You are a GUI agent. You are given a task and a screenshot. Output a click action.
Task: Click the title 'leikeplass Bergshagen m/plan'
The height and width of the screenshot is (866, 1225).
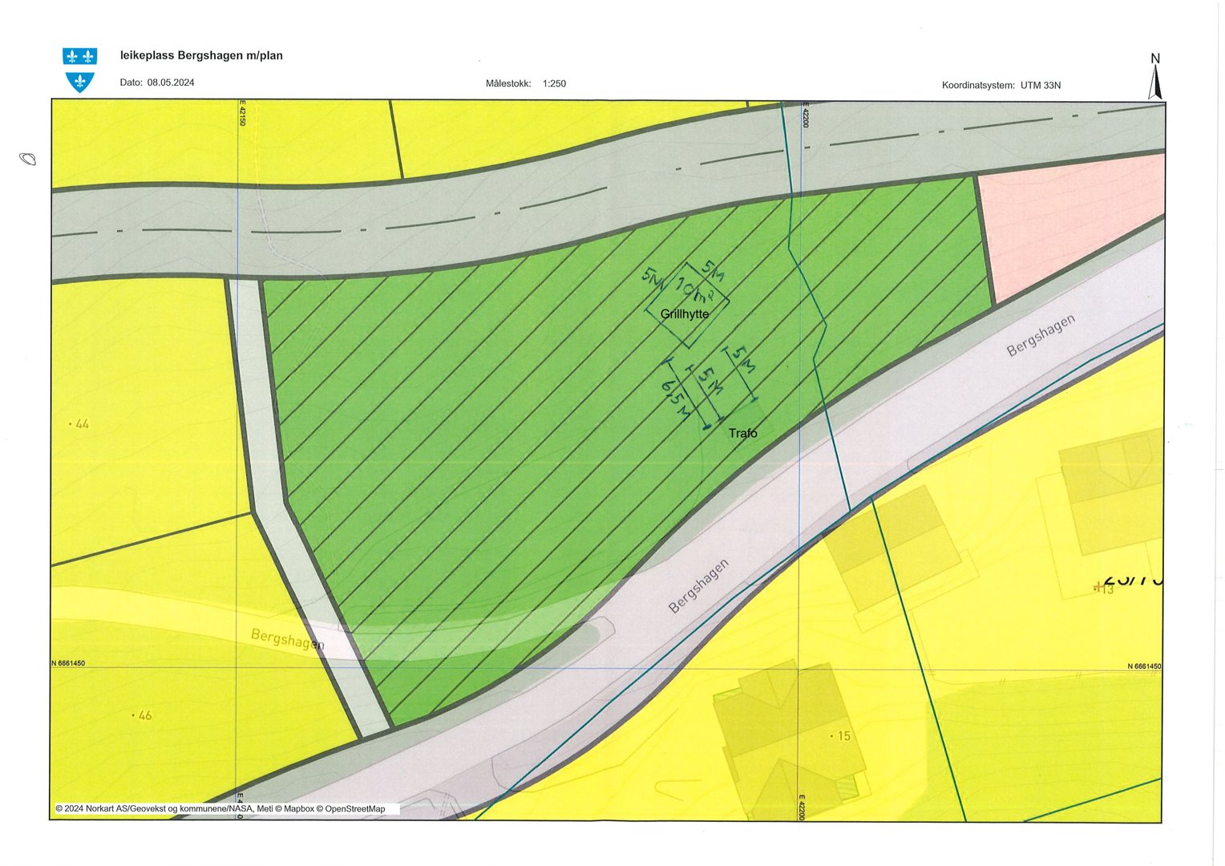[x=201, y=55]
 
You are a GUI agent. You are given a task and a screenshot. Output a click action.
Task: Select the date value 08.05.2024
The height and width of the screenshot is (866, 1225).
[x=171, y=83]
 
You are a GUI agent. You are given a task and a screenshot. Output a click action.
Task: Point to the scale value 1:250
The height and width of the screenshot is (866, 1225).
[x=554, y=83]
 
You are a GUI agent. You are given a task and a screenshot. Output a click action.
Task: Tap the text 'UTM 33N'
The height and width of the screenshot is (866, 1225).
[x=1040, y=85]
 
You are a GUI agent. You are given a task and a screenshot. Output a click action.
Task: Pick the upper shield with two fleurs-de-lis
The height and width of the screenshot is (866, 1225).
[x=79, y=56]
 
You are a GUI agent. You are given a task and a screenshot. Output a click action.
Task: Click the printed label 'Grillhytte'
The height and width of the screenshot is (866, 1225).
[x=685, y=314]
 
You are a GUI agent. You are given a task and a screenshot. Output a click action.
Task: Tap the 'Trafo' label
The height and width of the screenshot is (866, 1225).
[x=742, y=433]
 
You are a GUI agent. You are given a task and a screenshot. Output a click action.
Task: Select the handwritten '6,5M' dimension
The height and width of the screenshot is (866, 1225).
[x=675, y=399]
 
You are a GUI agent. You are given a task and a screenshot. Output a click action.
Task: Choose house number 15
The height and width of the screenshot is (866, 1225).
[x=843, y=735]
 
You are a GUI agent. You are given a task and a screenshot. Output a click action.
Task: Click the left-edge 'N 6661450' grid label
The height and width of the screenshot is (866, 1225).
[x=69, y=663]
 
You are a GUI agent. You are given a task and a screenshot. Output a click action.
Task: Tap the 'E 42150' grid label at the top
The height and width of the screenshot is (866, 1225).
[x=242, y=112]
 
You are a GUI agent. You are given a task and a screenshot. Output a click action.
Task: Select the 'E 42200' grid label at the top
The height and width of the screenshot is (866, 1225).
[x=805, y=114]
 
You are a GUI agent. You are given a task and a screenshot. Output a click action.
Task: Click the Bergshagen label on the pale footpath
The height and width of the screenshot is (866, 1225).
[x=287, y=639]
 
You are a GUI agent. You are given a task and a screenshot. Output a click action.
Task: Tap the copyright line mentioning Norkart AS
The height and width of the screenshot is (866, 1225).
[x=220, y=809]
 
